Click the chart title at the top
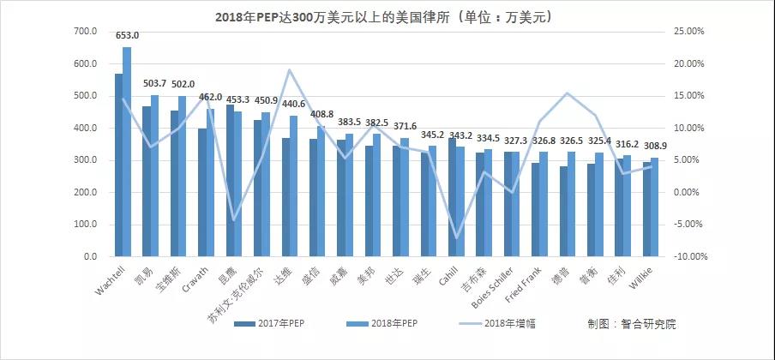(x=387, y=15)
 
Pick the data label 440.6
(x=293, y=104)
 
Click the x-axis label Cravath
(x=193, y=278)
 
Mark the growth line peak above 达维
(x=289, y=70)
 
